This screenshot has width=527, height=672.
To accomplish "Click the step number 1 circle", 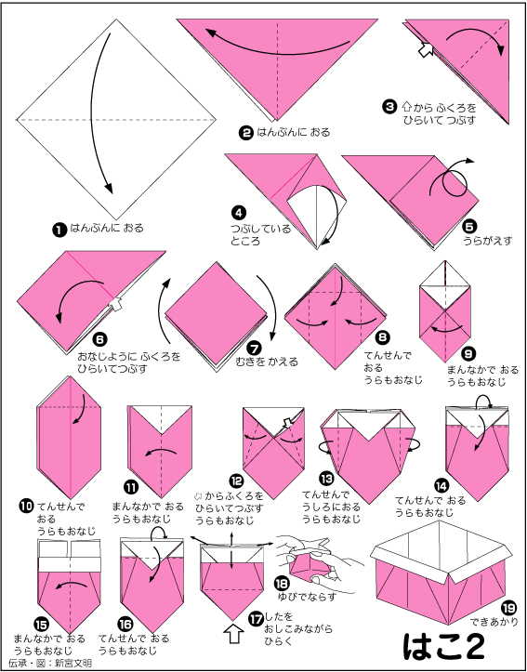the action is [59, 230].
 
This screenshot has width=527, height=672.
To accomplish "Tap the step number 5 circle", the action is [470, 226].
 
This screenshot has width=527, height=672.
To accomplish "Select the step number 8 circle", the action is [382, 337].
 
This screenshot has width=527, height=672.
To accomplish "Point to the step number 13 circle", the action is [326, 478].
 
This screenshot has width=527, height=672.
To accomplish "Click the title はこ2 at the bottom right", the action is [444, 645].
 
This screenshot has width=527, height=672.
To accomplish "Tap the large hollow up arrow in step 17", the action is [233, 634].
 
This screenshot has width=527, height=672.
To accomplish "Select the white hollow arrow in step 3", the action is [425, 49].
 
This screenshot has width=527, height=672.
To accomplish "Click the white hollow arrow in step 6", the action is [115, 303].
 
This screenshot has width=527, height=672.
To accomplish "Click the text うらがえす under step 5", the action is [488, 241].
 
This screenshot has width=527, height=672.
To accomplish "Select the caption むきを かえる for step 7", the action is [267, 362].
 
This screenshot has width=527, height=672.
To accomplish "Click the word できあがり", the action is [494, 622].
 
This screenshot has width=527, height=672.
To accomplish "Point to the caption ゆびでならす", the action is [307, 596].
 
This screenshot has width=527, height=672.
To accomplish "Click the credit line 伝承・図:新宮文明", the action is [50, 663].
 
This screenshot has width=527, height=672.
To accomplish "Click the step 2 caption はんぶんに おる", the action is [294, 132].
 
